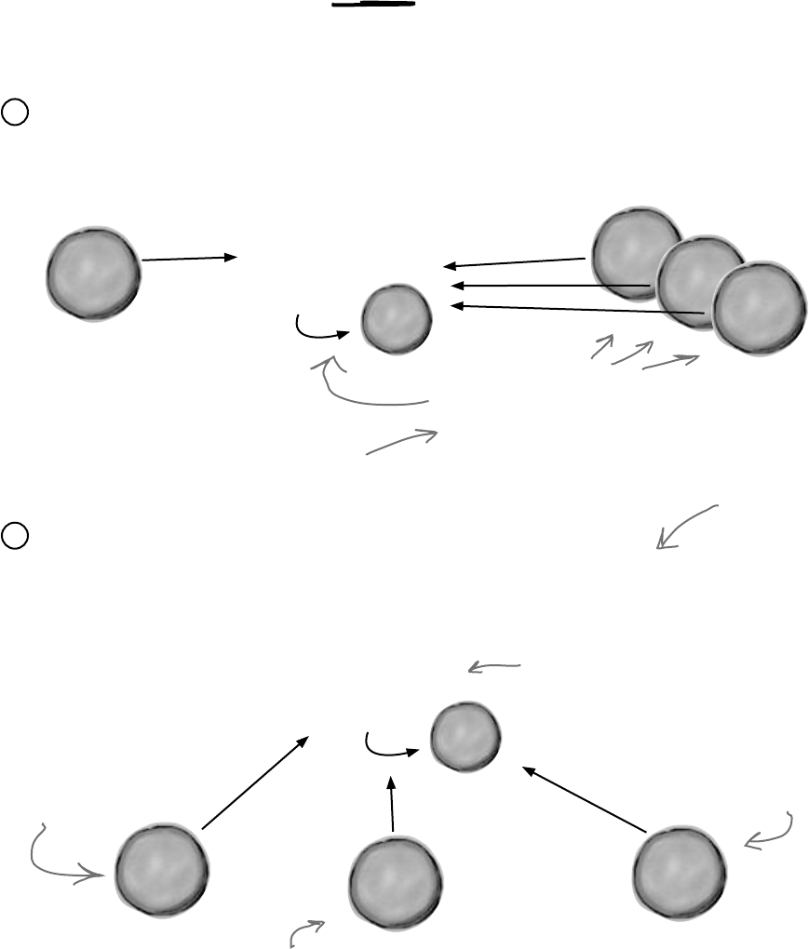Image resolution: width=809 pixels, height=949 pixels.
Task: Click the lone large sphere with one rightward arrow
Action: coord(93,273)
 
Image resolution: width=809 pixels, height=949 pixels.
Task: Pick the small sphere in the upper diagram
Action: coord(396,318)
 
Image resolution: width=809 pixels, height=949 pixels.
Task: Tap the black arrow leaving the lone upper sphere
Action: coord(189,259)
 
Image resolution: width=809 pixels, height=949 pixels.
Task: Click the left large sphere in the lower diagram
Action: coord(160,870)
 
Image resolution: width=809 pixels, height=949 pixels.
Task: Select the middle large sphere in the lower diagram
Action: coord(393,881)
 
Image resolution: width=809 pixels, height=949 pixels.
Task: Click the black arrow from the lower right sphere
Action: coord(584,799)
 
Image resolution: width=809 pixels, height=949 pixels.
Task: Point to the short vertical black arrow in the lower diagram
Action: coord(392,804)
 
